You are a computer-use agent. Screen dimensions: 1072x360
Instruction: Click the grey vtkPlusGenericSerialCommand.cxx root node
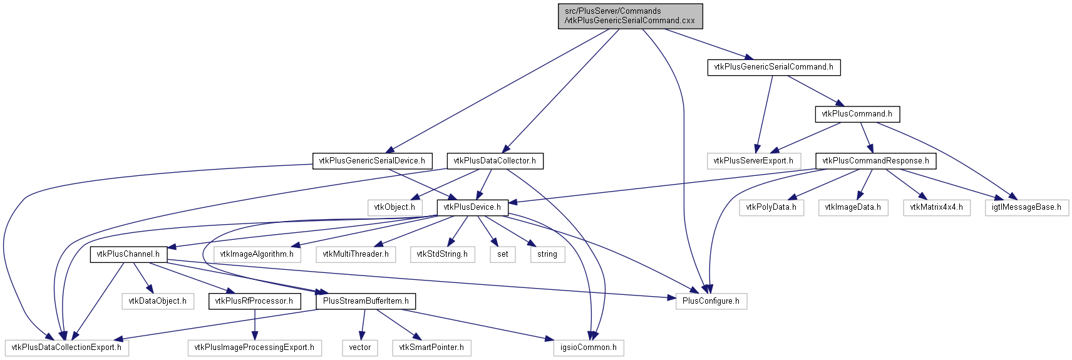[631, 16]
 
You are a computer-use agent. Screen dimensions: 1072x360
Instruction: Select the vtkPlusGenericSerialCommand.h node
[774, 67]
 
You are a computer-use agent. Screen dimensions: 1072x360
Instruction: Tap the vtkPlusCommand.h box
[857, 114]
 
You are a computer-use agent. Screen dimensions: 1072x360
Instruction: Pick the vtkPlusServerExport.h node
[753, 161]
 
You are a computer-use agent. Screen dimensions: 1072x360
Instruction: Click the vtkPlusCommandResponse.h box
[876, 161]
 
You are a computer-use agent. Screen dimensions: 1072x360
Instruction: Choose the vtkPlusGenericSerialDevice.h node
[372, 161]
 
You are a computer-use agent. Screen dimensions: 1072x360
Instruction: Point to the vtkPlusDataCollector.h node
[495, 161]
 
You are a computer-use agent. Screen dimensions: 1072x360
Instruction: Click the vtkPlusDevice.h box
[472, 207]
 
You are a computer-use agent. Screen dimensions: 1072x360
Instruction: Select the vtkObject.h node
[395, 207]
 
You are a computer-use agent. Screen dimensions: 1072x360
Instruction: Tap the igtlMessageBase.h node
[1026, 207]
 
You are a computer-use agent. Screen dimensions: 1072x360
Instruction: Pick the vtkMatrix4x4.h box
[937, 207]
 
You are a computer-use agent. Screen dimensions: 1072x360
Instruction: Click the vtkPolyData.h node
[771, 207]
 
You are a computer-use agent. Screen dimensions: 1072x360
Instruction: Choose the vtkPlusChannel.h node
[128, 254]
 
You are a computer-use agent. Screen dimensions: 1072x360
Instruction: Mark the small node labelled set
[502, 254]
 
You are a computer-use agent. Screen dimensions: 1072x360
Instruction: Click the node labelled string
[547, 254]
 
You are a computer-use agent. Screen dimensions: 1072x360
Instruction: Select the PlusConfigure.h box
[711, 301]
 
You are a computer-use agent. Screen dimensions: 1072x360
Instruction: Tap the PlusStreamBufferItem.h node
[366, 301]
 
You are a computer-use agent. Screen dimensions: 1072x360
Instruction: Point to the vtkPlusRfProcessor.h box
[255, 301]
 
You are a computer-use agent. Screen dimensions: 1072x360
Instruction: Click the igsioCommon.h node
[589, 347]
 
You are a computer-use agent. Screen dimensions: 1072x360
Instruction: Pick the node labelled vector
[360, 347]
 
